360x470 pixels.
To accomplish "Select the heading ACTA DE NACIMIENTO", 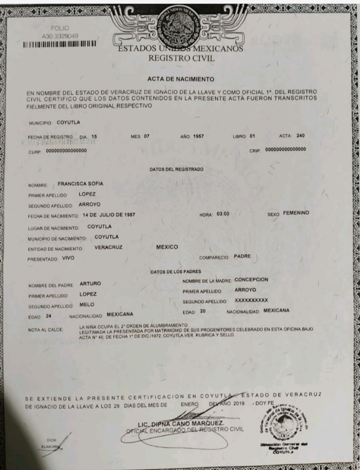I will tap(181, 79).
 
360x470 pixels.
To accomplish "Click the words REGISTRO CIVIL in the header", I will tap(181, 58).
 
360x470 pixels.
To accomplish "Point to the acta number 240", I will tap(300, 135).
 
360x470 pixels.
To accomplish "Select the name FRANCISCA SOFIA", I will tap(80, 183).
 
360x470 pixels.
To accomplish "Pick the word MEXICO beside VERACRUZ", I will tap(167, 247).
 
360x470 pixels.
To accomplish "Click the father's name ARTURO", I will tap(90, 284).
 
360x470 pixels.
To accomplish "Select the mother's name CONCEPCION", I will tap(251, 280).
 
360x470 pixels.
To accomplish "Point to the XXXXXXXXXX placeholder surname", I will tap(251, 300).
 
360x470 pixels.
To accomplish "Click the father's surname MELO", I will tap(87, 304).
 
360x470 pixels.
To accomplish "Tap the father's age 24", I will tap(48, 316).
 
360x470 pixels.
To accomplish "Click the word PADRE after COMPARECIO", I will tap(242, 256).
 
